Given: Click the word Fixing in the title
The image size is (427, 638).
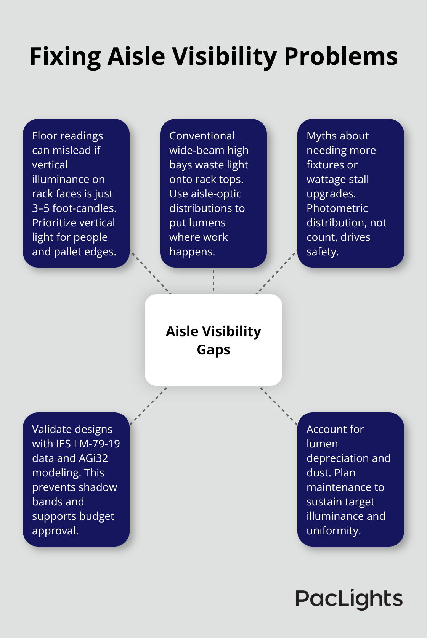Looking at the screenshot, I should click(65, 57).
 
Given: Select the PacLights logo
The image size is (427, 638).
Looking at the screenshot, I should click(349, 599).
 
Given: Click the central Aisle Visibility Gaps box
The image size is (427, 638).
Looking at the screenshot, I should click(213, 340).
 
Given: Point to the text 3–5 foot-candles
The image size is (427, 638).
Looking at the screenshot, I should click(74, 208).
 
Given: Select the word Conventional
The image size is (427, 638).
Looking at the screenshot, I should click(202, 136).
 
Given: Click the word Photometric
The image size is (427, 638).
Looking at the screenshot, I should click(337, 208).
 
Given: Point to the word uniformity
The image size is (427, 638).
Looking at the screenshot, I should click(333, 531).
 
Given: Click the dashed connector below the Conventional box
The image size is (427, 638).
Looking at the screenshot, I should click(213, 281).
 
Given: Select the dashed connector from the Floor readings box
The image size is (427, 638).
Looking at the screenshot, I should click(150, 272).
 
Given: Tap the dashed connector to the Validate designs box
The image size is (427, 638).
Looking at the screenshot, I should click(149, 405).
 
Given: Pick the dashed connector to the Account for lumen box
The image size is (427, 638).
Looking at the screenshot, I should click(278, 405).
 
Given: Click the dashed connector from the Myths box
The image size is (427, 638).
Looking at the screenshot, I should click(277, 272).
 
